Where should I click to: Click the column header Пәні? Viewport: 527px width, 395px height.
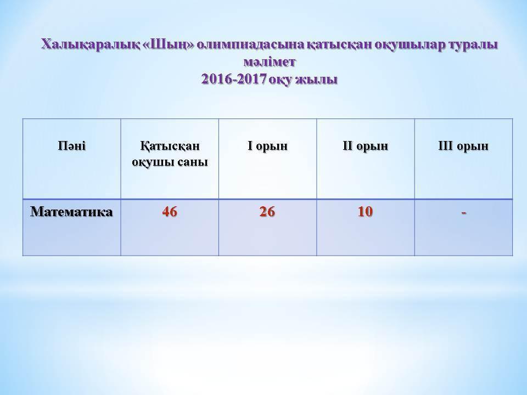click(71, 146)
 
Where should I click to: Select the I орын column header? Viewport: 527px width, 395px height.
click(267, 146)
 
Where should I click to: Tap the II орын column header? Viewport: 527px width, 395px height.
click(366, 146)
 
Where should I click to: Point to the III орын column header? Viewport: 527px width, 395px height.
click(463, 146)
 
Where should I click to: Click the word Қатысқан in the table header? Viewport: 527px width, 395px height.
click(170, 146)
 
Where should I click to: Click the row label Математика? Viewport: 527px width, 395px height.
click(71, 212)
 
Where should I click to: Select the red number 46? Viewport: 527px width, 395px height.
click(170, 212)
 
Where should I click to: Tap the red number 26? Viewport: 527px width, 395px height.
click(267, 212)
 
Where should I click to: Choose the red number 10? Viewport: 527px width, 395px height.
click(366, 212)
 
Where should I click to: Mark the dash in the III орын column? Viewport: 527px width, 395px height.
click(464, 213)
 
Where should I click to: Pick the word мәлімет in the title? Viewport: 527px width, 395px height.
click(270, 62)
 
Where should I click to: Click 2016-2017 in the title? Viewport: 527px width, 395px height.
click(234, 79)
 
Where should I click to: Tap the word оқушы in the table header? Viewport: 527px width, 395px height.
click(153, 163)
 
